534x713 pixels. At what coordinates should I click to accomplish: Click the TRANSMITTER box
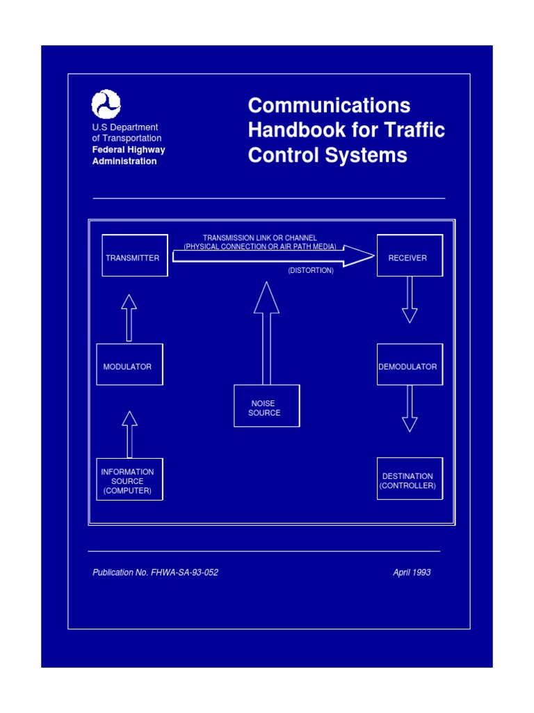tap(135, 256)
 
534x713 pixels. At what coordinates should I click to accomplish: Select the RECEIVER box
tap(410, 256)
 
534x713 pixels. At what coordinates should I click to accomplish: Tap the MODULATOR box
tap(129, 364)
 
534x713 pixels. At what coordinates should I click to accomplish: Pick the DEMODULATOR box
tap(410, 364)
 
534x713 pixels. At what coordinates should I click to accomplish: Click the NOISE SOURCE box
tap(266, 406)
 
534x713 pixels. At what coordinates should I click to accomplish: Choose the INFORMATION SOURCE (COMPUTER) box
tap(129, 480)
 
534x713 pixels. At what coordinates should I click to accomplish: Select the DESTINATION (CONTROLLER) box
tap(410, 480)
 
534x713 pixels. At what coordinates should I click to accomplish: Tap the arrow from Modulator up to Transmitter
tap(129, 318)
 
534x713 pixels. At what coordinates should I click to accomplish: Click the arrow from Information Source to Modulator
tap(129, 434)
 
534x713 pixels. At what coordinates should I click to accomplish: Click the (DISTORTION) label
tap(311, 270)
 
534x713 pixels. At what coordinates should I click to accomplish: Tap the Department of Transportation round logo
tap(106, 104)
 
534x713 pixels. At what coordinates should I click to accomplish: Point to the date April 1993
tap(412, 572)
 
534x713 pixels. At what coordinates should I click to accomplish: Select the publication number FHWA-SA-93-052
tap(184, 572)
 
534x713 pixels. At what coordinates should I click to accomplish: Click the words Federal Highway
tap(129, 150)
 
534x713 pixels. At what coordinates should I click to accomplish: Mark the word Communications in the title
tap(329, 106)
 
